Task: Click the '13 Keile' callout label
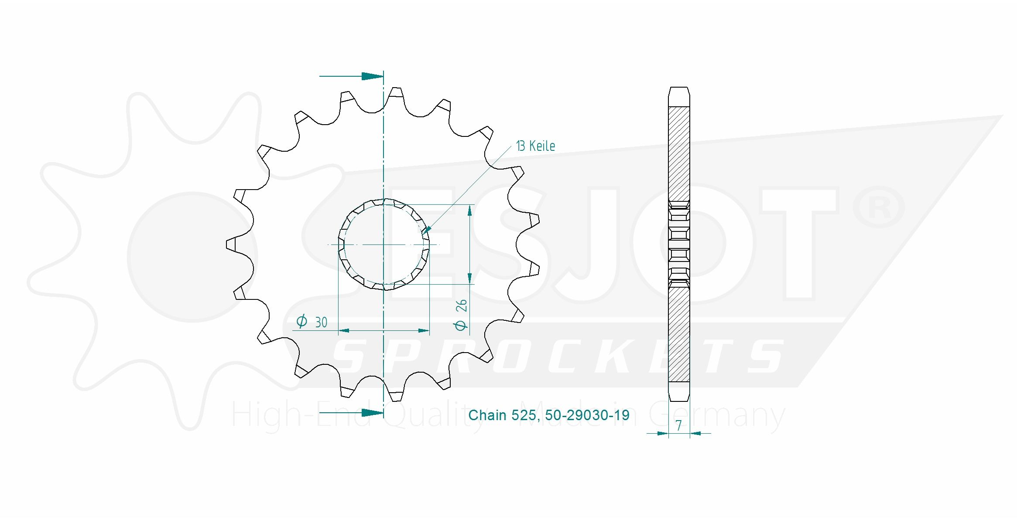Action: tap(535, 146)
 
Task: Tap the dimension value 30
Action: tap(321, 323)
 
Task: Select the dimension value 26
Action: tap(461, 306)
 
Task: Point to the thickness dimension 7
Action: tap(679, 425)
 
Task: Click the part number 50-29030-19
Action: tap(587, 415)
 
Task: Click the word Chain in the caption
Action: tap(487, 415)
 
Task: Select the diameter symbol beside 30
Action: tap(301, 322)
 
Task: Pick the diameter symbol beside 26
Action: tap(461, 325)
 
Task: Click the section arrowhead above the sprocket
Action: tap(373, 76)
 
